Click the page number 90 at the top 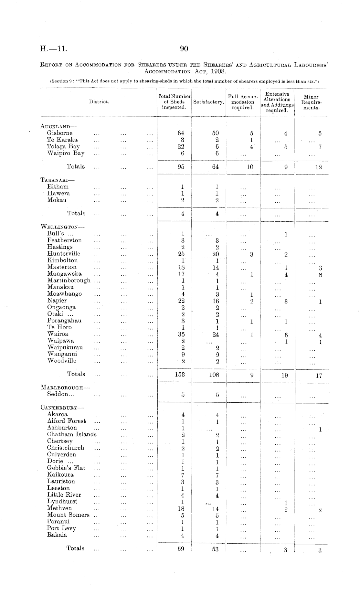coord(184,49)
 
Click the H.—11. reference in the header coord(53,49)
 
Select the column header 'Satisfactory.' coord(208,102)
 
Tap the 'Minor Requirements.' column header coord(311,102)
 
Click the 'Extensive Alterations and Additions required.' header coord(277,102)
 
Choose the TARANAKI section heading coord(57,180)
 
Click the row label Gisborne coord(60,133)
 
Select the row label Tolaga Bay coord(63,146)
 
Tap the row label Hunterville coord(64,254)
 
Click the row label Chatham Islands coord(72,434)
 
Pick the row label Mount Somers coord(68,515)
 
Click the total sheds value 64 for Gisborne coord(181,133)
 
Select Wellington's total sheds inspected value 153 coord(180,374)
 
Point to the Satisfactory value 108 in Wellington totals coord(214,375)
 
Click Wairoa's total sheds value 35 coord(181,335)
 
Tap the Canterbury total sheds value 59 coord(181,548)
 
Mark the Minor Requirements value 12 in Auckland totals coord(319,167)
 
